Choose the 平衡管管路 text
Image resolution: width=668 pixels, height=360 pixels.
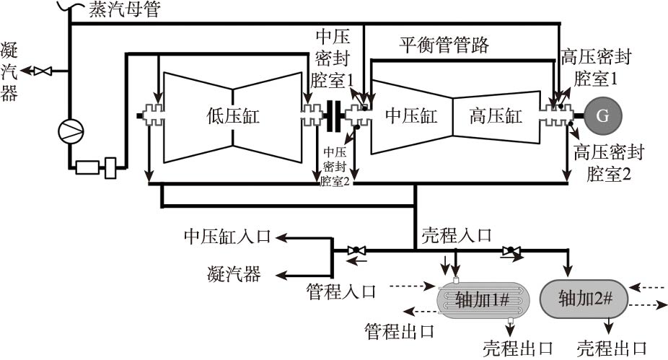[x=444, y=46]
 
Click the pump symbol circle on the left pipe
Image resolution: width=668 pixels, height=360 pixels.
[x=71, y=129]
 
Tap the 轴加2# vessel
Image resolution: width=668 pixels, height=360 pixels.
[x=581, y=297]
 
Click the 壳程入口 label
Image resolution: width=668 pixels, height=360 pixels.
[x=457, y=235]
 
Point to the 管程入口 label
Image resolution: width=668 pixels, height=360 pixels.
[x=341, y=291]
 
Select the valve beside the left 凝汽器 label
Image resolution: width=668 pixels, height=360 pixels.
[x=44, y=71]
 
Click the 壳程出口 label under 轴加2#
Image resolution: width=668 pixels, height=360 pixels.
[x=612, y=348]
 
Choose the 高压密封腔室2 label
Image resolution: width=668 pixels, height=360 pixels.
[x=609, y=162]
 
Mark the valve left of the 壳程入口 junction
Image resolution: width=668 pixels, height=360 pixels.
[x=356, y=250]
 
